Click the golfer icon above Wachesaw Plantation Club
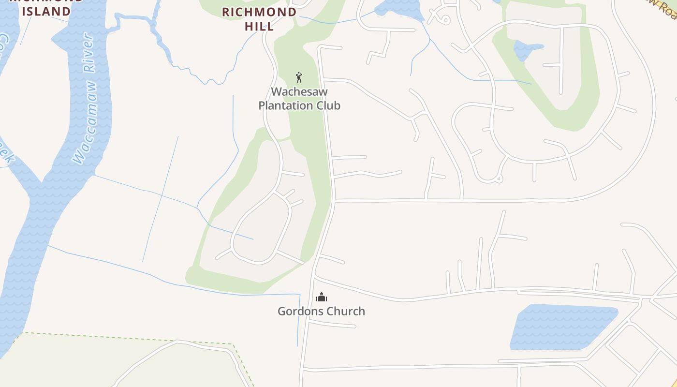tap(299, 77)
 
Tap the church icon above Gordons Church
tap(322, 297)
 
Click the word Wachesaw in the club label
tap(299, 91)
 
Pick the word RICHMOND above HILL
tap(259, 12)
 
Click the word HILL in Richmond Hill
tap(259, 26)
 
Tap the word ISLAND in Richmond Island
tap(46, 11)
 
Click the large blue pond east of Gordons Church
tap(561, 327)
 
